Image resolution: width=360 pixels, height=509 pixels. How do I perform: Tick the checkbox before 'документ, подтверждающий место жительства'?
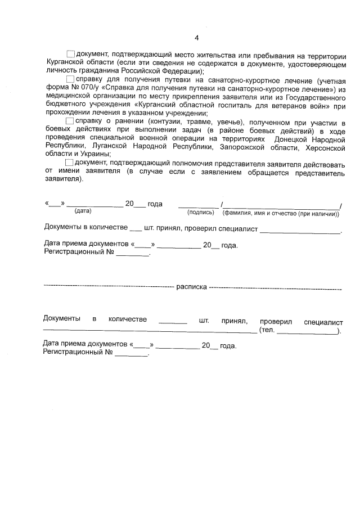71,53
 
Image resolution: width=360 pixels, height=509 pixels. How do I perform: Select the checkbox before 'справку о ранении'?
70,121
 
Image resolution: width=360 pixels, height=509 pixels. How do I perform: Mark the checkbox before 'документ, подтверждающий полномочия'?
71,163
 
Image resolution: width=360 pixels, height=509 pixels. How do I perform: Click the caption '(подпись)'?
200,213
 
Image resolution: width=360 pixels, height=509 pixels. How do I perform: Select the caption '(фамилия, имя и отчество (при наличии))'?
281,213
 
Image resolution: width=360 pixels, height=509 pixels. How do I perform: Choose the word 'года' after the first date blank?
155,204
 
